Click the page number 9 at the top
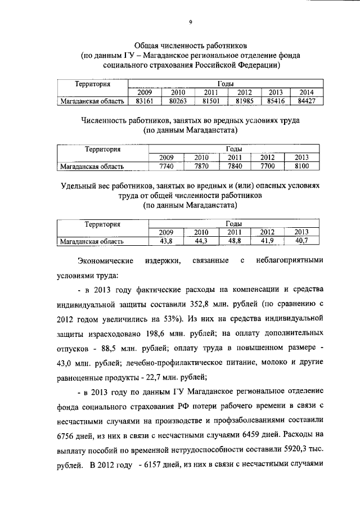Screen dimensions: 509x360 coord(191,21)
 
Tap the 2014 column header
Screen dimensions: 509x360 coord(306,93)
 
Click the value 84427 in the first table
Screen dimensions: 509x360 coord(306,102)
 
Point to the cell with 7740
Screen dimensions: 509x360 coord(166,166)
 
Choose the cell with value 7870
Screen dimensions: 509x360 coord(201,166)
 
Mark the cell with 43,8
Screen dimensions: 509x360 coord(166,241)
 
